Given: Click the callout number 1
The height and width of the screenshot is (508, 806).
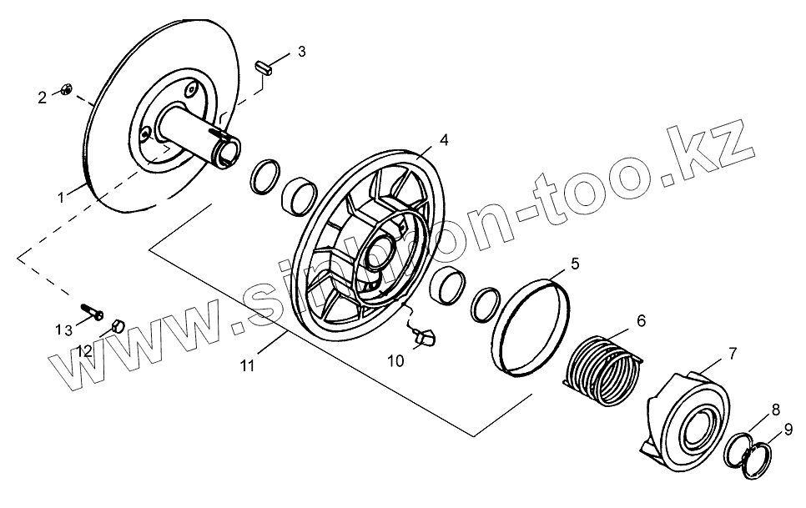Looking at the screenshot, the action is (x=61, y=197).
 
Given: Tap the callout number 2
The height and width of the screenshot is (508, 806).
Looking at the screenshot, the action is (x=43, y=98).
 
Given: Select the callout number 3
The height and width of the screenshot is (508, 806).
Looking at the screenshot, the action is (x=301, y=52).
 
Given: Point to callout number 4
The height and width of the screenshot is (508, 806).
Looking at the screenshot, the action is (x=444, y=141).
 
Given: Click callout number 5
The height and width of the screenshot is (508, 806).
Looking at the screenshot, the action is (x=574, y=264).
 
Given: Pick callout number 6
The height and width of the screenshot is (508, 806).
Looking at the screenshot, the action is (x=641, y=320).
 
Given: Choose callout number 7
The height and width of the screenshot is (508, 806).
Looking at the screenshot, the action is (x=732, y=354).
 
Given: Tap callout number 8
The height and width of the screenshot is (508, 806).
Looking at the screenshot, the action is (x=775, y=410).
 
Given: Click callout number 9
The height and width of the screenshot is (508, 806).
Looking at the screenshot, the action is (x=788, y=431).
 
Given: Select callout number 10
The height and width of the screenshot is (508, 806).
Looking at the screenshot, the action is (x=395, y=361).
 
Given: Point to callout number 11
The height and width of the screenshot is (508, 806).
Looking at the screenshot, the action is (x=247, y=365).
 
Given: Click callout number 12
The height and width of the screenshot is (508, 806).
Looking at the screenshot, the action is (x=85, y=352).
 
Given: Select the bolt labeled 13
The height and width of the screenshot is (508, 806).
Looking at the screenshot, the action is (x=92, y=313).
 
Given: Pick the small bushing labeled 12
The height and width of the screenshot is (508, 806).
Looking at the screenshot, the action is (x=118, y=324).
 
